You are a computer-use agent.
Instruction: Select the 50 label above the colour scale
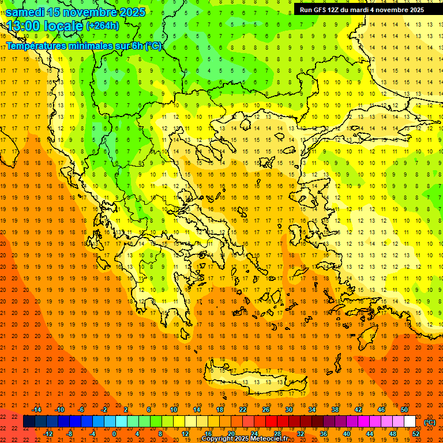coord(404,410)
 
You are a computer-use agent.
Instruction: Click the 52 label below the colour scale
coord(416,433)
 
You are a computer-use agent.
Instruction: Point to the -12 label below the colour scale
coord(48,433)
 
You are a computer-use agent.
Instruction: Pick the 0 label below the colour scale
coord(114,433)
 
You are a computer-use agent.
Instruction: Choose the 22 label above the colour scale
coord(243,410)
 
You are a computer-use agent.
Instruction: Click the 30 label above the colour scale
coord(289,410)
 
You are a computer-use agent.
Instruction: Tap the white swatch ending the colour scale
coord(410,422)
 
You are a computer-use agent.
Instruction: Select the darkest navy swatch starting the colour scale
coord(29,422)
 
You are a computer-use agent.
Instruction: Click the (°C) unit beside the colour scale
coord(430,422)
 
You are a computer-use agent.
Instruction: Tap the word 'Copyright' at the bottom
coord(218,439)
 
